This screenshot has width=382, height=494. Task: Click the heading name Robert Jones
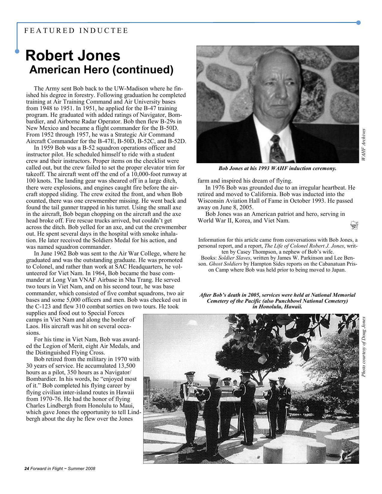tap(73, 56)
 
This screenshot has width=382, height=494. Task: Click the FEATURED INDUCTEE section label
tap(76, 31)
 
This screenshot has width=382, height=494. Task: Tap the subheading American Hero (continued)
tap(101, 70)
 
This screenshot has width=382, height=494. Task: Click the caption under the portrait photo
tap(277, 168)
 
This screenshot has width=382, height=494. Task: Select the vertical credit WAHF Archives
tap(363, 145)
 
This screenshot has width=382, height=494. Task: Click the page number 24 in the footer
tap(26, 469)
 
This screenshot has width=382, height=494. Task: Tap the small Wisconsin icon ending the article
tap(354, 225)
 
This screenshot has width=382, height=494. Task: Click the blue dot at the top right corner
tap(358, 22)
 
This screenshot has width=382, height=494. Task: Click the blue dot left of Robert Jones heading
tap(17, 51)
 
